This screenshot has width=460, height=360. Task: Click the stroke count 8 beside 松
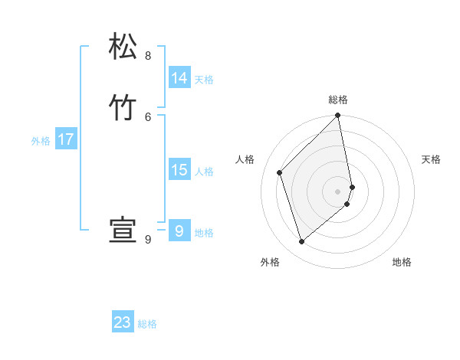[148, 56]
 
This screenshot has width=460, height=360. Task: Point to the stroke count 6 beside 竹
[148, 116]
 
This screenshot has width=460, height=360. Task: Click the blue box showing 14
[179, 78]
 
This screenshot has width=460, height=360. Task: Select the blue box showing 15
[179, 170]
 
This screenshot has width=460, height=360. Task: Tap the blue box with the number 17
[66, 139]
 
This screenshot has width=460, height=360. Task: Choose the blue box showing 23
[123, 322]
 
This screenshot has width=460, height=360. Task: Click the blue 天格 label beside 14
[204, 80]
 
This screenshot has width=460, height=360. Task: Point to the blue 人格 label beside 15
[205, 172]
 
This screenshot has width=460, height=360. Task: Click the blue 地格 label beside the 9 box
[204, 233]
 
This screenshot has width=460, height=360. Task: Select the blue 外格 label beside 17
[41, 141]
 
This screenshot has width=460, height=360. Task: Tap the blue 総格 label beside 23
[147, 324]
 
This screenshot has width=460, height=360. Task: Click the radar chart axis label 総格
[338, 100]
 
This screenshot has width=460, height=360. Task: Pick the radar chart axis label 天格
[431, 159]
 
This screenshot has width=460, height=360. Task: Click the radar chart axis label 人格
[245, 159]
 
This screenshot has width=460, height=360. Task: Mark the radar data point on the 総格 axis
[338, 116]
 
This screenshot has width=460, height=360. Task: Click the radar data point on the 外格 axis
[302, 241]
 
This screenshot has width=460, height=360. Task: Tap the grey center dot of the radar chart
[338, 191]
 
